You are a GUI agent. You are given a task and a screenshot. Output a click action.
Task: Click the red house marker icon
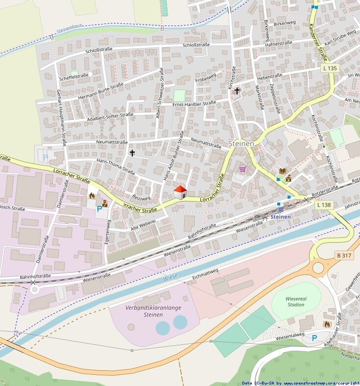coord(180,192)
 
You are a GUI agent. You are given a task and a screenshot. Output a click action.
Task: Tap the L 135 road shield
coord(330,69)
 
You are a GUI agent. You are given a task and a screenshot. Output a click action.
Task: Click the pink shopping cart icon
coord(242,169)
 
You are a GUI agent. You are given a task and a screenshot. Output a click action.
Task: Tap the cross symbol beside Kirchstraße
coord(237,91)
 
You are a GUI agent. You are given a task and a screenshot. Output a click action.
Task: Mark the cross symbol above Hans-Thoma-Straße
coord(131,153)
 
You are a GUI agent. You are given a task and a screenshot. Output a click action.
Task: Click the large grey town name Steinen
coord(241,144)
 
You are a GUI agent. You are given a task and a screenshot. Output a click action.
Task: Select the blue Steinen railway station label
coord(281,216)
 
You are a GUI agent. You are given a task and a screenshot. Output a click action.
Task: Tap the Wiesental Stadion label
coord(296,301)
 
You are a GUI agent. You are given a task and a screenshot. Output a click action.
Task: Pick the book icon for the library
coord(283,171)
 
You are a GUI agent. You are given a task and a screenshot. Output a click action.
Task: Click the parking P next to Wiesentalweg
coord(314,338)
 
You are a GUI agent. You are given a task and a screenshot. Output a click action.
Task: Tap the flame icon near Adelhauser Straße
coord(327,324)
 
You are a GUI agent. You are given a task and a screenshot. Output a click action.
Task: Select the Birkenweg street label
coord(285,23)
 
